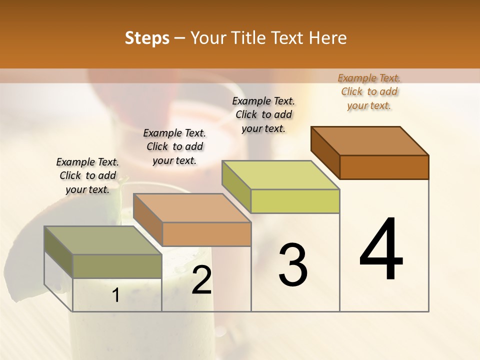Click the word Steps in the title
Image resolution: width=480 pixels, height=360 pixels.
pyautogui.click(x=147, y=38)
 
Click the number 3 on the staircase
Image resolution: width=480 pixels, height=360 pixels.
pyautogui.click(x=293, y=265)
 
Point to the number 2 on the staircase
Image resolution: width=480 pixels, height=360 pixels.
pyautogui.click(x=201, y=280)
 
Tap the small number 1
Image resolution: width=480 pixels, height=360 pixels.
pyautogui.click(x=116, y=295)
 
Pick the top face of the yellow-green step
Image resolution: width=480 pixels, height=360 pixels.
pyautogui.click(x=280, y=175)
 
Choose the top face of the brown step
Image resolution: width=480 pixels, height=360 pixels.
pyautogui.click(x=369, y=141)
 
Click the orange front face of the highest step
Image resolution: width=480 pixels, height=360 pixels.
pyautogui.click(x=384, y=167)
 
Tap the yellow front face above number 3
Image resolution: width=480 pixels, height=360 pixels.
pyautogui.click(x=295, y=201)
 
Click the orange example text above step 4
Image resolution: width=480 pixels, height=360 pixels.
pyautogui.click(x=369, y=91)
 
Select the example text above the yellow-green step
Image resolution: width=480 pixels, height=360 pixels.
pyautogui.click(x=263, y=114)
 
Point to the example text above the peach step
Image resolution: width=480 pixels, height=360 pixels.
pyautogui.click(x=174, y=146)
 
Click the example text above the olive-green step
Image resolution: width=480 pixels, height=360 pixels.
pyautogui.click(x=87, y=175)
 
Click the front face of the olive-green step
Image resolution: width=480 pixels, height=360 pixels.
pyautogui.click(x=117, y=266)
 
